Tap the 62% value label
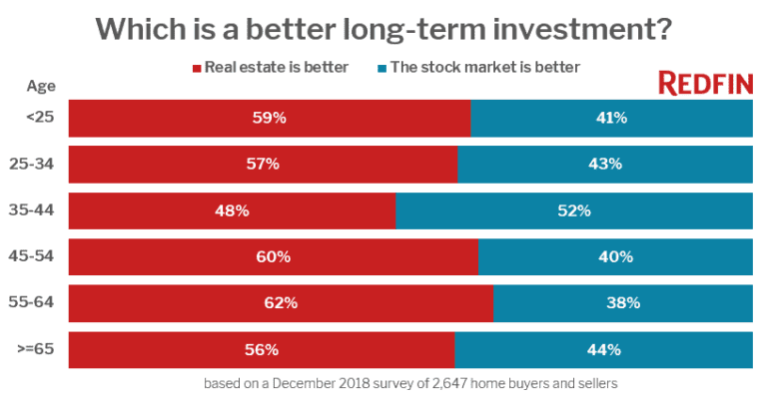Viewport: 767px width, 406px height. click(281, 303)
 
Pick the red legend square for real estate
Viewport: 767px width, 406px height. click(196, 69)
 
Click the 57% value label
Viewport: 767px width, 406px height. click(264, 164)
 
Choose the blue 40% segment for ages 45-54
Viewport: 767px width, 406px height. click(616, 257)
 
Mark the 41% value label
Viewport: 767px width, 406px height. click(611, 118)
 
